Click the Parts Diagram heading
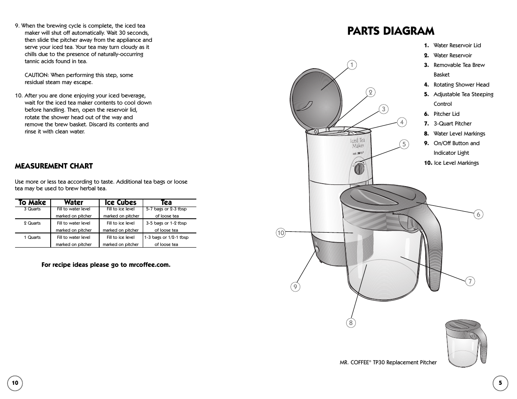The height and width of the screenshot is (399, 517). click(391, 31)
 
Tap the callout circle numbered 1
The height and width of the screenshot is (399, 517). click(352, 65)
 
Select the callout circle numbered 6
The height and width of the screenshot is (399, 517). click(478, 214)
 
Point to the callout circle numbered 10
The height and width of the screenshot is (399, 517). click(280, 233)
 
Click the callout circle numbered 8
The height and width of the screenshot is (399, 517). click(351, 322)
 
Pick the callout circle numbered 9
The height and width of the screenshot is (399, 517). click(295, 286)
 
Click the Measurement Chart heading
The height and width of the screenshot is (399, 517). click(54, 166)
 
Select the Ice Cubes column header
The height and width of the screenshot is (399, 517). click(121, 202)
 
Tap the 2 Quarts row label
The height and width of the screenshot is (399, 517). click(32, 223)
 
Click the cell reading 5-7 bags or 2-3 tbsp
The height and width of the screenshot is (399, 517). click(166, 209)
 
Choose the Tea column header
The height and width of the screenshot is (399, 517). click(166, 202)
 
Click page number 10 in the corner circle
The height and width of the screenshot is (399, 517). click(15, 383)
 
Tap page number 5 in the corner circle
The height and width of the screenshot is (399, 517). click(500, 383)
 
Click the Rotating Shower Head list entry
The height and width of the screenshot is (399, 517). click(461, 84)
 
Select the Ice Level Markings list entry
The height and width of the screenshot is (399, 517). click(456, 163)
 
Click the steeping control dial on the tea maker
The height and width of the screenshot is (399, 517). click(359, 169)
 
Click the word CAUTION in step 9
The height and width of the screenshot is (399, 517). click(38, 75)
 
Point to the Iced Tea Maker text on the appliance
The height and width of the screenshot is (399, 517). click(358, 143)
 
